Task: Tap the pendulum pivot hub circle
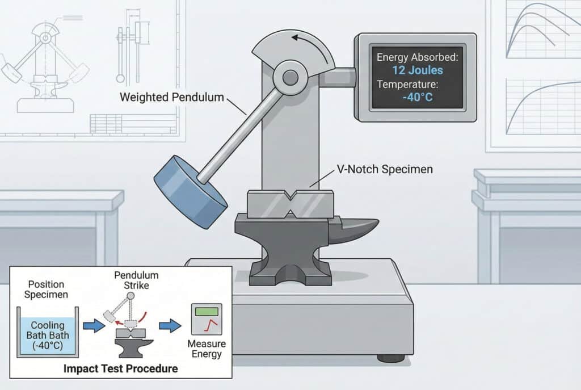click(290, 78)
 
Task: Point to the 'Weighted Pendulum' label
click(171, 97)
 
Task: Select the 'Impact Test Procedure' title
click(120, 368)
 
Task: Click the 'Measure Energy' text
click(207, 349)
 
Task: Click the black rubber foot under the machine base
click(391, 358)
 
